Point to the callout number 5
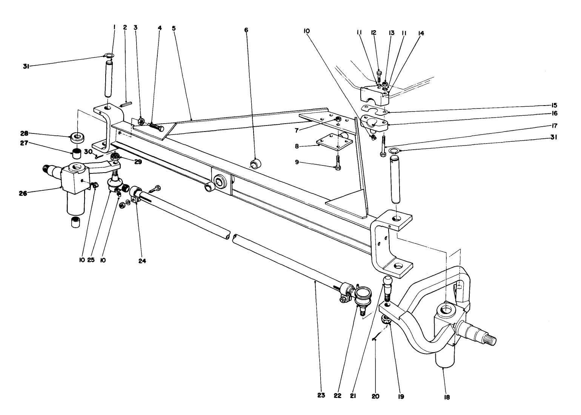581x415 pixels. point(174,28)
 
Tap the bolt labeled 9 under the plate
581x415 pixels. point(337,163)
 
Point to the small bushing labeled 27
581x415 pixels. point(77,154)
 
